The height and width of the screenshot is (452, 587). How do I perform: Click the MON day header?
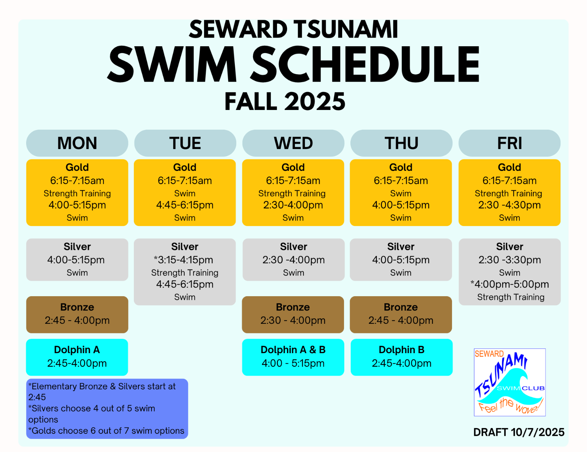[77, 143]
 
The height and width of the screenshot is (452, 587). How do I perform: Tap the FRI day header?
[509, 143]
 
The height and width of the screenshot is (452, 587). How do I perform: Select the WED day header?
[293, 143]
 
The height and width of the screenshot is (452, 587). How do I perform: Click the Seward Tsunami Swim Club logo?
[509, 382]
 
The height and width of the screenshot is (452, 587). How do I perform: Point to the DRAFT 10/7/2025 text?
[519, 432]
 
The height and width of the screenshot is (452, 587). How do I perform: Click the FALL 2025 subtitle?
[285, 101]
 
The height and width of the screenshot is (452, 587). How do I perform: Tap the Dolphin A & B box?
[293, 357]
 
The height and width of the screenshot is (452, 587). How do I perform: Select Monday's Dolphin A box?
[77, 357]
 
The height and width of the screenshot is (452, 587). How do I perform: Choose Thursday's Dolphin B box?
[402, 357]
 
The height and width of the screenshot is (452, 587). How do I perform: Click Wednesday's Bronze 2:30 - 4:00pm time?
[293, 321]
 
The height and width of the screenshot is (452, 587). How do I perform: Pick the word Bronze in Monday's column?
[77, 307]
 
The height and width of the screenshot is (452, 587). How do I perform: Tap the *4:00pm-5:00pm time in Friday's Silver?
[509, 284]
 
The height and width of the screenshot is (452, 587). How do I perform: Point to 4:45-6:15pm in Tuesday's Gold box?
[185, 205]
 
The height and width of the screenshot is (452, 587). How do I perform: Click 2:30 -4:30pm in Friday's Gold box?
[509, 205]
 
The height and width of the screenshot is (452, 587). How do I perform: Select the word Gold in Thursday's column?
[401, 168]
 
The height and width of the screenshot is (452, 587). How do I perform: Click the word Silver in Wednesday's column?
[293, 246]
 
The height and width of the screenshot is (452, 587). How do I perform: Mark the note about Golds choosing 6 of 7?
[106, 431]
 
